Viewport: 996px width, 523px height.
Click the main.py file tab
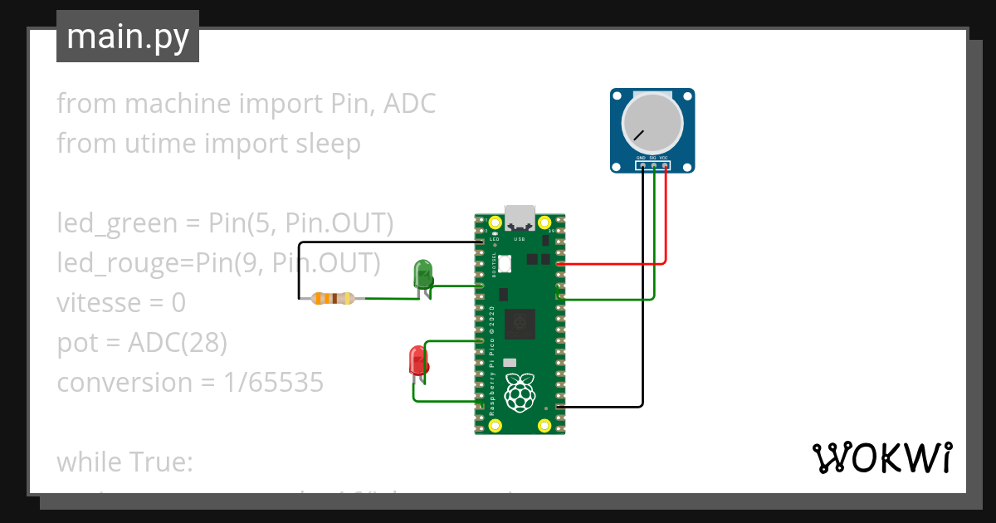(x=127, y=37)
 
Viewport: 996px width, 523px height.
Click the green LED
(x=422, y=274)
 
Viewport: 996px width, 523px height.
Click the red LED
(x=417, y=361)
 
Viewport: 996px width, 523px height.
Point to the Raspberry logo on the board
(x=520, y=393)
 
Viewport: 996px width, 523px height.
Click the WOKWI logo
(x=881, y=457)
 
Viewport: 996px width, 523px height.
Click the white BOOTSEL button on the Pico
(x=504, y=262)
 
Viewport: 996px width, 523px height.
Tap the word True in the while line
(x=164, y=462)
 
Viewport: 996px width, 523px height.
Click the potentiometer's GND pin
(x=642, y=166)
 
